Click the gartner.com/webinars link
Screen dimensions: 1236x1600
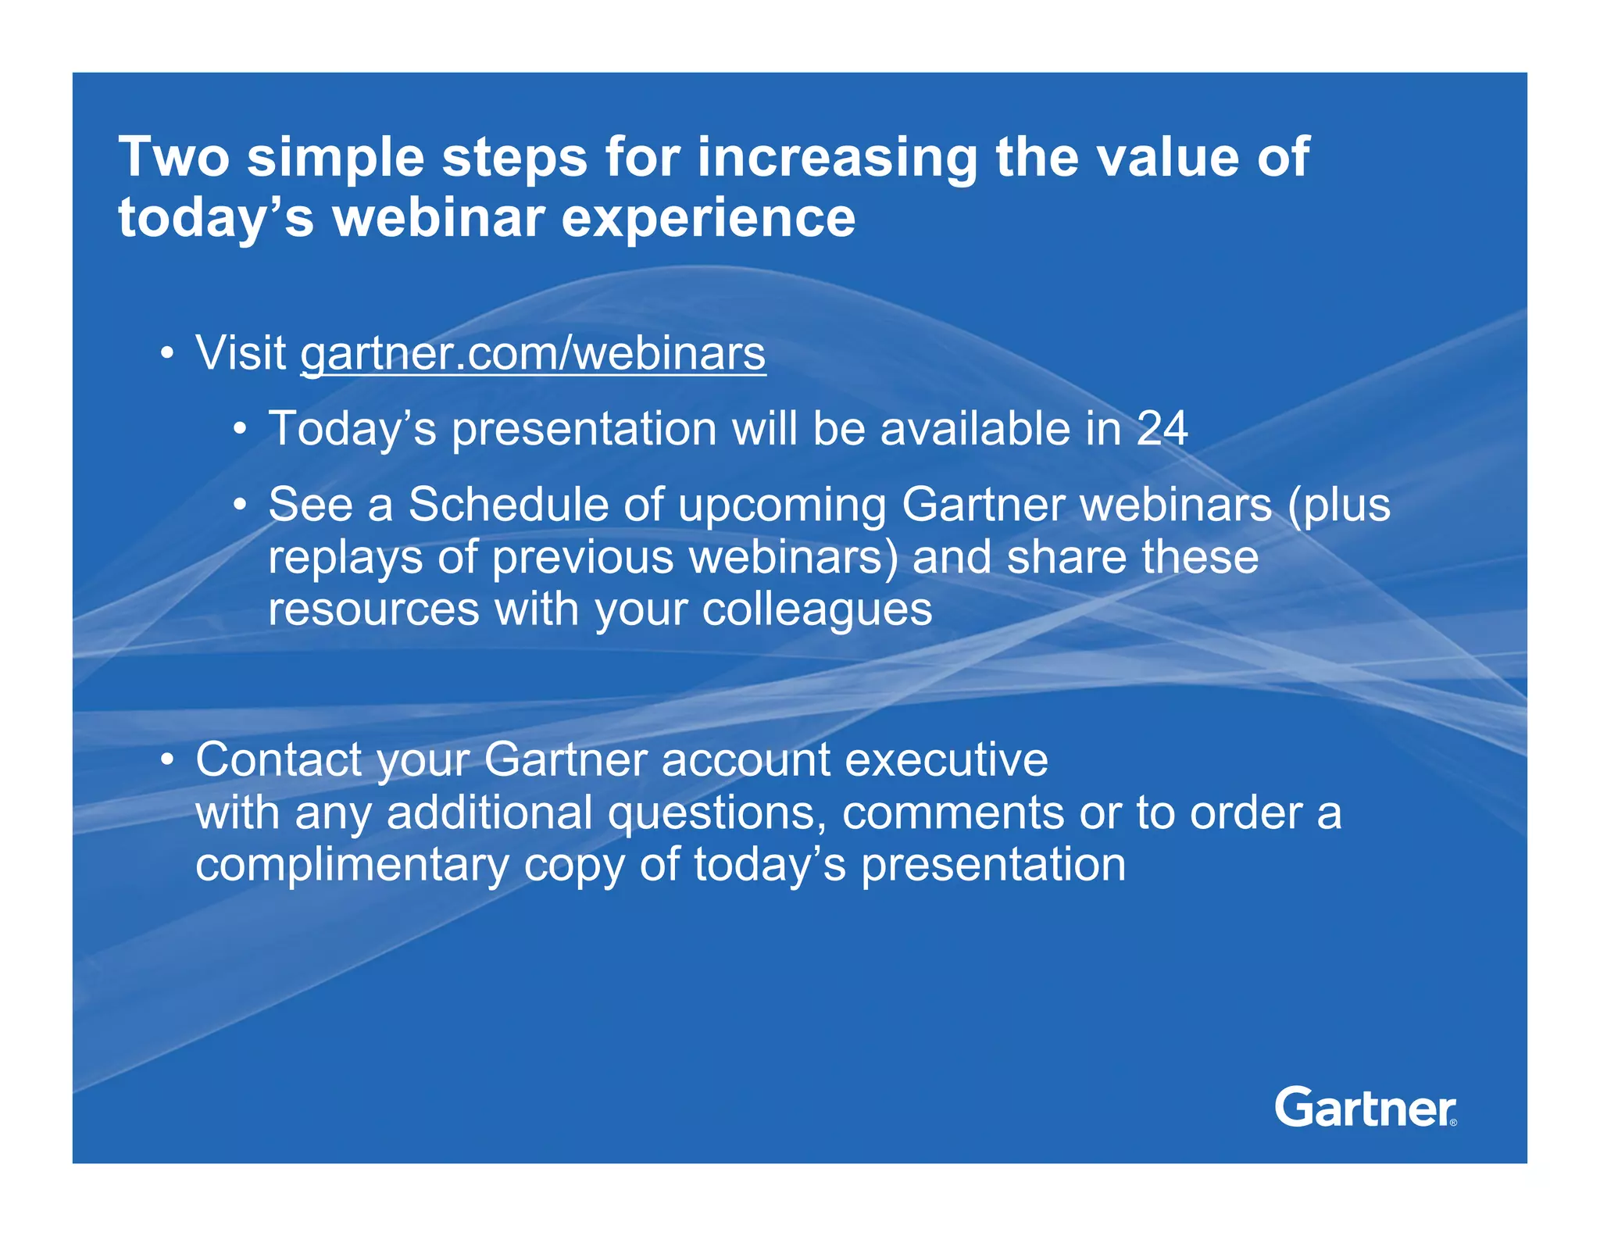coord(533,354)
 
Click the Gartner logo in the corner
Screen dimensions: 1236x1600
coord(1365,1107)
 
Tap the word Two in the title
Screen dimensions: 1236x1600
coord(173,157)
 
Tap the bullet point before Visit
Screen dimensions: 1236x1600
coord(166,355)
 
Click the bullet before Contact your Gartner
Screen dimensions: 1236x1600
coord(166,760)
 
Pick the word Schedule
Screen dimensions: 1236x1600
coord(508,505)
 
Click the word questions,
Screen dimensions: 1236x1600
coord(717,814)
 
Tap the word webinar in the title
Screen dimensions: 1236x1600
coord(438,218)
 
